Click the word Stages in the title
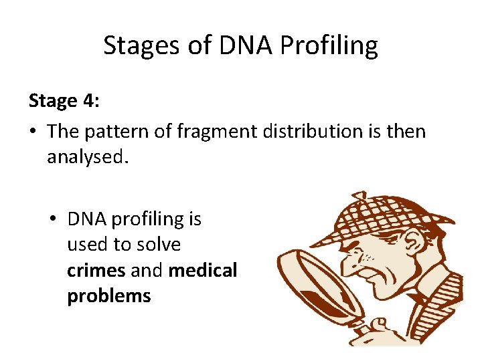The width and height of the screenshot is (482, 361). click(141, 45)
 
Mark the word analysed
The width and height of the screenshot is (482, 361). click(86, 157)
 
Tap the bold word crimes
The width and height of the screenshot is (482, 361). click(96, 270)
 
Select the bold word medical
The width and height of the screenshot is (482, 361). click(203, 270)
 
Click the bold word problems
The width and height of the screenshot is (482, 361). click(108, 296)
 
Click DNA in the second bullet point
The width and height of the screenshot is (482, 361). click(88, 219)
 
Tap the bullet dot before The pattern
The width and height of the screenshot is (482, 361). click(33, 132)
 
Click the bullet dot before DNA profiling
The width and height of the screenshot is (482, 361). click(54, 219)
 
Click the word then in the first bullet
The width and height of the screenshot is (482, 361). click(408, 131)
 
